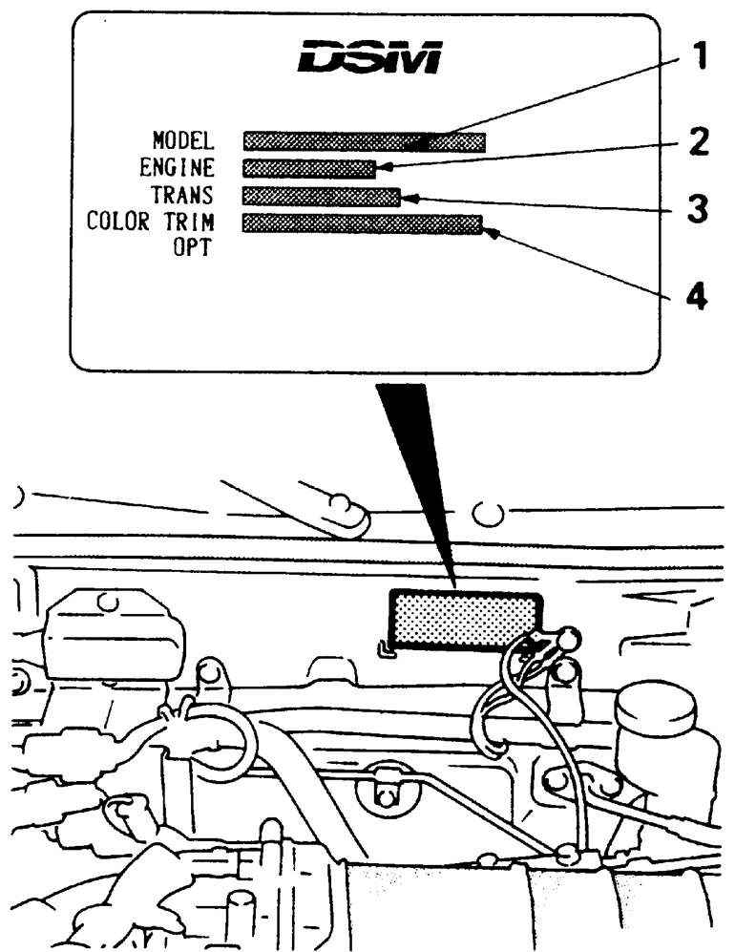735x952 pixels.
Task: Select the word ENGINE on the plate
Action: point(178,169)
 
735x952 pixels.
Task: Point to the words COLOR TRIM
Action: point(151,222)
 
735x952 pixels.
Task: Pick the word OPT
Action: point(192,249)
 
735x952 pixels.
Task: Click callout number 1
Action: point(699,59)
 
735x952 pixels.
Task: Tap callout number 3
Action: point(699,208)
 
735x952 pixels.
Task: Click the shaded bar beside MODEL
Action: point(364,142)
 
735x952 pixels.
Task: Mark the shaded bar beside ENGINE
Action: point(308,169)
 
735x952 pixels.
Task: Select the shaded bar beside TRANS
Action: point(321,196)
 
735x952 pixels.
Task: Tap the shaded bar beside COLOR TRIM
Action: point(362,223)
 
